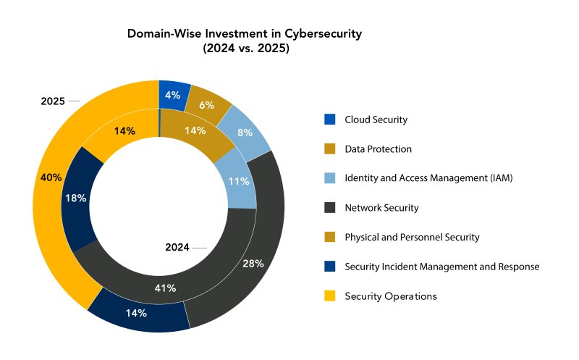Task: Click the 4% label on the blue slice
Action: coord(172,96)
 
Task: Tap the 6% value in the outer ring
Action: coord(207,105)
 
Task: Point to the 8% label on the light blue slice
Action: coord(245,133)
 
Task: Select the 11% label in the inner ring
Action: coord(239,181)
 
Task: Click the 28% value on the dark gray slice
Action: coord(253,264)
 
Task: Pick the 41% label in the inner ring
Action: coord(165,288)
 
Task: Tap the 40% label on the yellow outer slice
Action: coord(51,177)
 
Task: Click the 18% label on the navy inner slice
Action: coord(76,198)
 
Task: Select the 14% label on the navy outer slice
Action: coord(136,313)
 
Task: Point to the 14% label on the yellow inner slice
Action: coord(124,131)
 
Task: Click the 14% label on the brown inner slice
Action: coord(195,130)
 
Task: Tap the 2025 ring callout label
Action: coord(53,101)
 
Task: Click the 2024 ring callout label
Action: coord(177,247)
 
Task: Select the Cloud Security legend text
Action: coord(376,120)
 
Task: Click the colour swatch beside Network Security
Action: coord(330,207)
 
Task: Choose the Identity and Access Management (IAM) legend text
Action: coord(428,178)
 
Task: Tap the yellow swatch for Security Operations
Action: coord(330,296)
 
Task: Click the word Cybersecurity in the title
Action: coord(323,34)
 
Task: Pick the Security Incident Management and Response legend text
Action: coord(442,267)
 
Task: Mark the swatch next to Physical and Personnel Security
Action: coord(330,237)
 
